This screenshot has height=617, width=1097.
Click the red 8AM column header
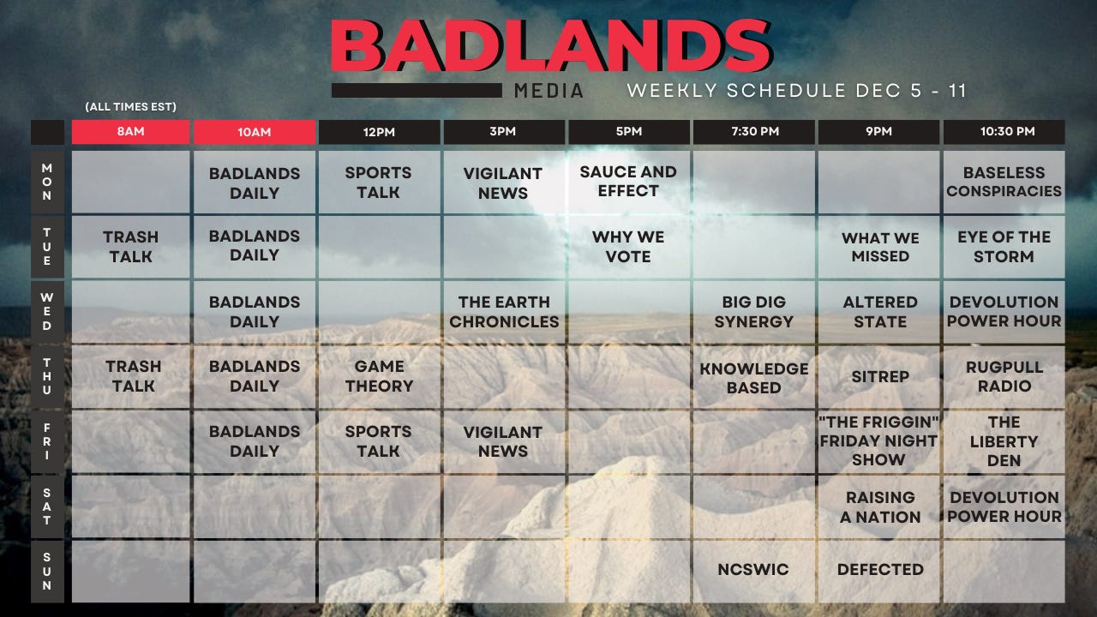coord(130,132)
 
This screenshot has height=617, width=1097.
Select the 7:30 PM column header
coord(753,132)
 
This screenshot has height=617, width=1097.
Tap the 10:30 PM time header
coord(1004,132)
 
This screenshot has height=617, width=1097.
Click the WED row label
coord(47,312)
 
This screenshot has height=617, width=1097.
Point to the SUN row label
coord(47,572)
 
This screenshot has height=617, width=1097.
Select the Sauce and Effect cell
coord(628,182)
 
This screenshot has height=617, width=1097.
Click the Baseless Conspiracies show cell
coord(1004,182)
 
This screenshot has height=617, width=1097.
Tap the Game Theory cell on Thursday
coord(379,376)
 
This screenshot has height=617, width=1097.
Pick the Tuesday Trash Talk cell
coord(130,246)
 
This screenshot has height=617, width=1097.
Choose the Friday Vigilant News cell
coord(503,441)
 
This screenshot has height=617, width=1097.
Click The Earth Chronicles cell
coord(504,312)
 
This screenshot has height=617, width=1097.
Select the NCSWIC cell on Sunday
coord(753,570)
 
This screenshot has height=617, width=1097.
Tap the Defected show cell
coord(880,570)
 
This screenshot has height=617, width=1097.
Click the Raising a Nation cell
coord(880,506)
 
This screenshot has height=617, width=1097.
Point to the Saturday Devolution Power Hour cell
coord(1004,506)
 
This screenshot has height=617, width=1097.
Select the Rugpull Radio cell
coord(1004,376)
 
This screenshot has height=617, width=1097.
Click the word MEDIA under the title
coord(549,91)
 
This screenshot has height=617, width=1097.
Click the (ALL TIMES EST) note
coord(130,107)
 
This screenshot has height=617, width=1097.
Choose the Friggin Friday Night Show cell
coord(878,441)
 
